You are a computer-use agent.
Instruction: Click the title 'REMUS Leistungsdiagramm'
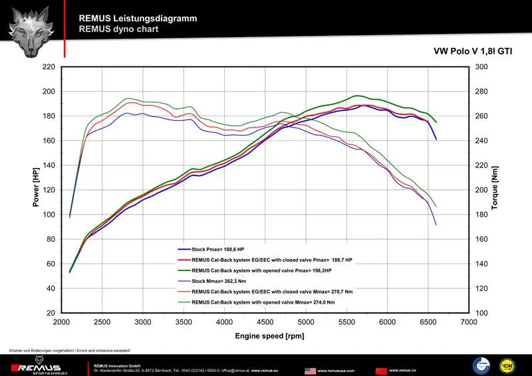pyautogui.click(x=138, y=19)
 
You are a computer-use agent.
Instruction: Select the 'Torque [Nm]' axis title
pyautogui.click(x=495, y=189)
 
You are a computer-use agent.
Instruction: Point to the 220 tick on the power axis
pyautogui.click(x=47, y=67)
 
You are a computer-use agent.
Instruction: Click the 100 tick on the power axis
pyautogui.click(x=47, y=215)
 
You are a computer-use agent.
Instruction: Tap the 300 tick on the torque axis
pyautogui.click(x=481, y=67)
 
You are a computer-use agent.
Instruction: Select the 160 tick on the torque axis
pyautogui.click(x=481, y=239)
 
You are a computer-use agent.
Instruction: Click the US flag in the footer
pyautogui.click(x=310, y=370)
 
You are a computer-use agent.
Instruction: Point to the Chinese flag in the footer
pyautogui.click(x=381, y=370)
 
